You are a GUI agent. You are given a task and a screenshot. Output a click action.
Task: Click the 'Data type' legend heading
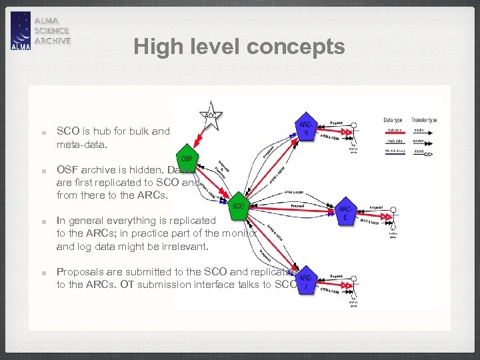click(x=393, y=120)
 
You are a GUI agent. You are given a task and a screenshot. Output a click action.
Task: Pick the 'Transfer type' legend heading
click(x=424, y=120)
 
